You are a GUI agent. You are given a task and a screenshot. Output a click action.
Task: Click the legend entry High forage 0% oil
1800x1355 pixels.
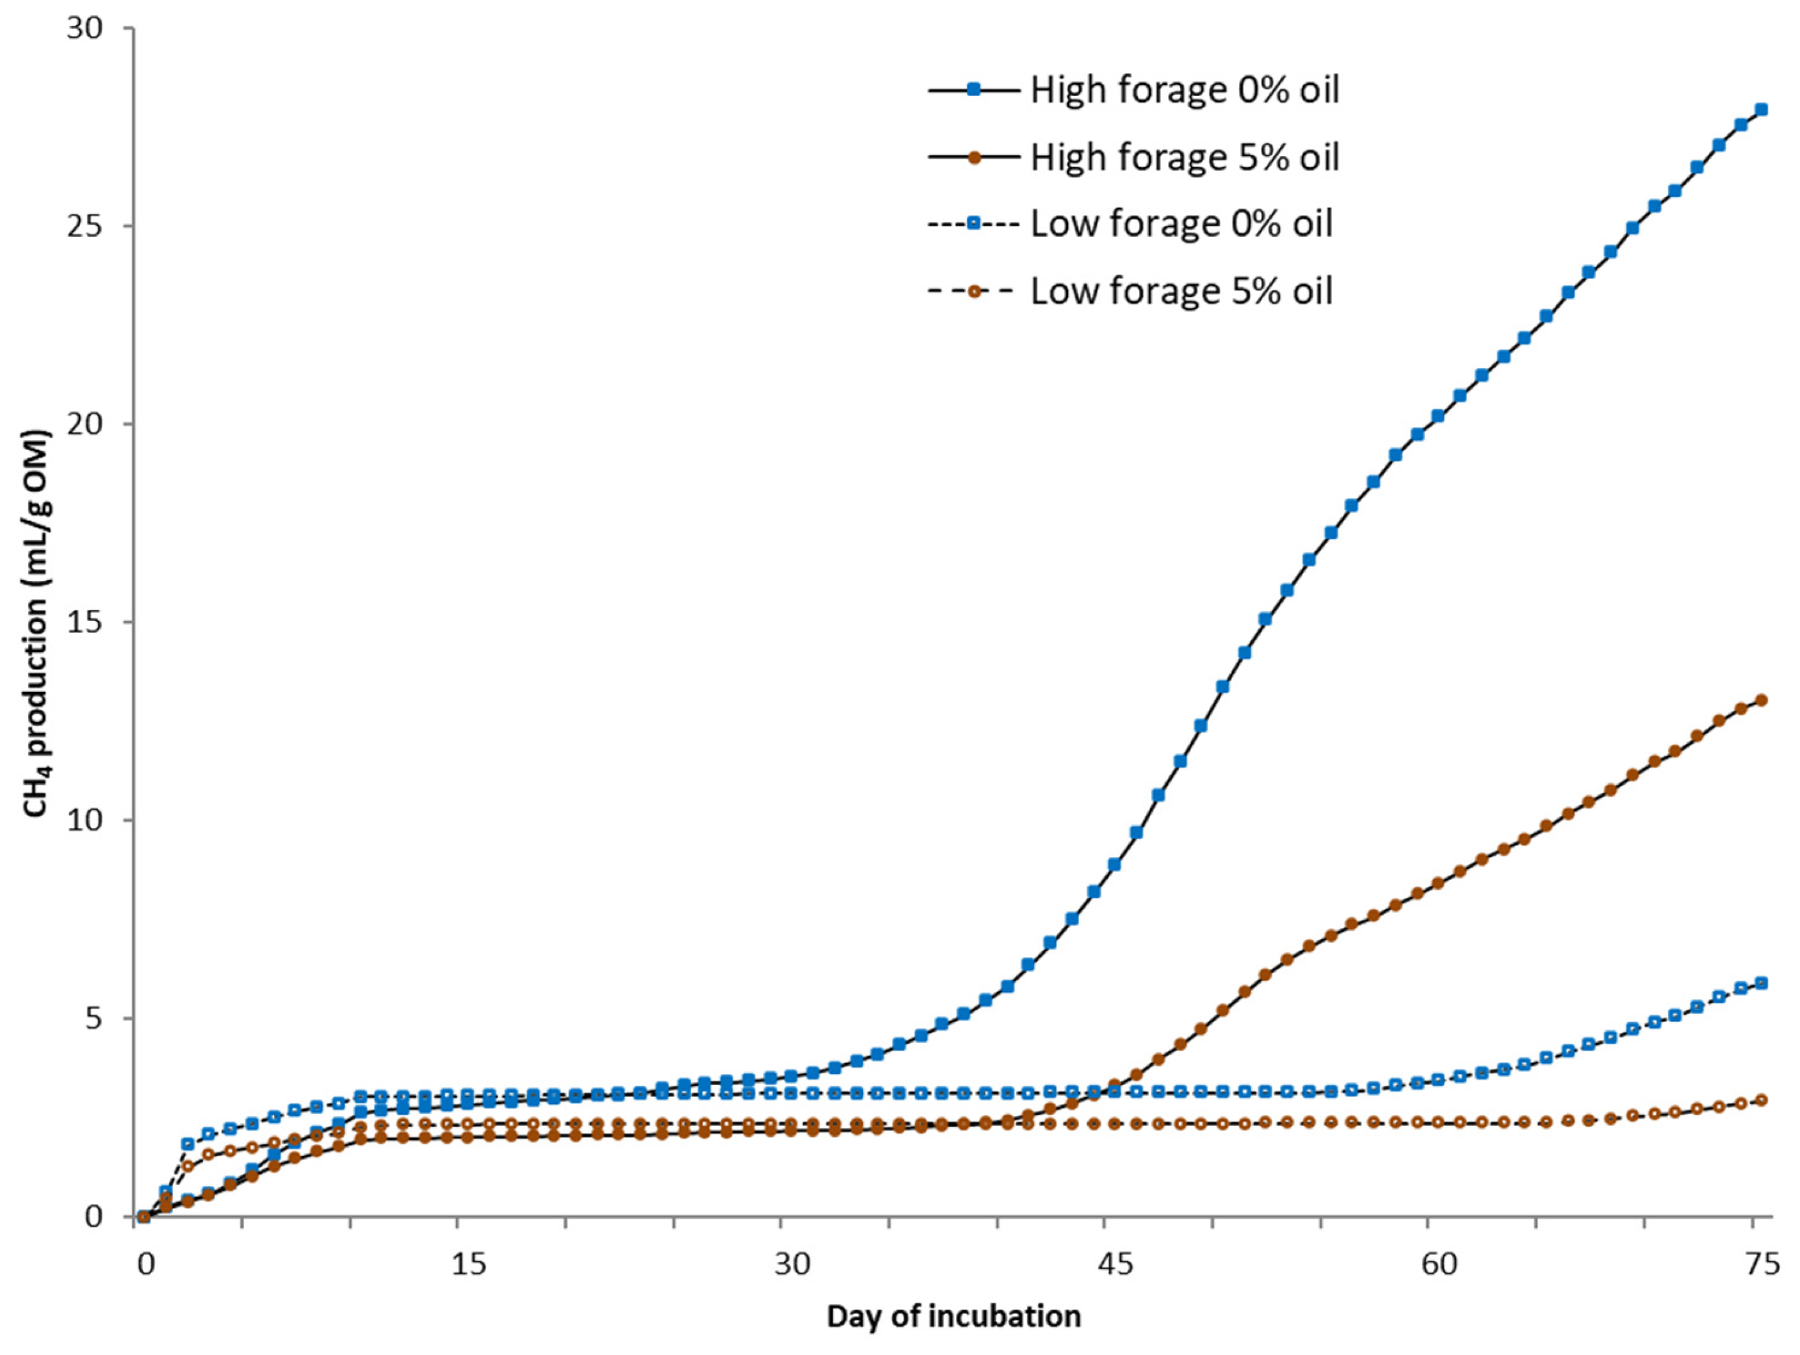click(x=1184, y=90)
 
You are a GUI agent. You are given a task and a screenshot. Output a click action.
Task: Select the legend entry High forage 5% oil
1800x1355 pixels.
click(x=1184, y=157)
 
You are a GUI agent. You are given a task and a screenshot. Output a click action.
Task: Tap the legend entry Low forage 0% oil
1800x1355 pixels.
click(x=1181, y=223)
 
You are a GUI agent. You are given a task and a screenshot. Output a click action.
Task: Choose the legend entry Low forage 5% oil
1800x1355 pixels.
click(x=1181, y=291)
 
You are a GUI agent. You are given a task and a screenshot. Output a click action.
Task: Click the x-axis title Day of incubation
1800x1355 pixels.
click(x=953, y=1317)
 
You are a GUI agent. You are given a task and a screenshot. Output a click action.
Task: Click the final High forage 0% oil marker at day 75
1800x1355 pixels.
click(x=1761, y=110)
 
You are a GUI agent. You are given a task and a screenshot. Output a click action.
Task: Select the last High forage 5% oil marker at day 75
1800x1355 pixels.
click(x=1761, y=700)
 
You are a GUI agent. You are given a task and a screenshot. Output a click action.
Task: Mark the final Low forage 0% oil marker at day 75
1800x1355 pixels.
click(x=1761, y=983)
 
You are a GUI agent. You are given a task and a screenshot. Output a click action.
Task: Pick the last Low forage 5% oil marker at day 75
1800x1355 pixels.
click(x=1761, y=1100)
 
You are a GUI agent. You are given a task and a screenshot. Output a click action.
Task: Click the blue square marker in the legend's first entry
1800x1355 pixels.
click(x=973, y=90)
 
